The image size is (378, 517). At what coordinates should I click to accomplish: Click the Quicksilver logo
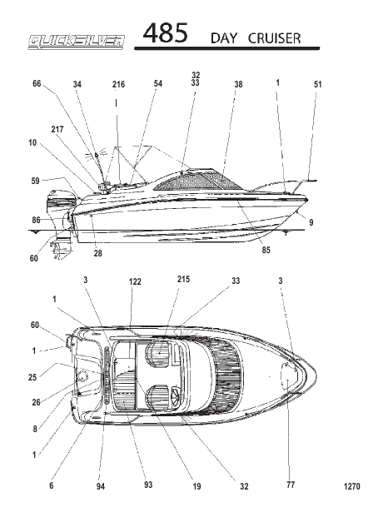pos(77,42)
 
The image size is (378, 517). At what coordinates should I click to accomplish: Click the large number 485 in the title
pos(165,33)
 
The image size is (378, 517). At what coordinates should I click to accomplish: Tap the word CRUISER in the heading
pos(274,38)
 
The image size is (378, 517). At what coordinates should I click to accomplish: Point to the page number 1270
pos(352,486)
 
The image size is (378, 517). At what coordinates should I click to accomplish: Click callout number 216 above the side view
pos(118,84)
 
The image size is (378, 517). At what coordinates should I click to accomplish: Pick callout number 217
pos(57,129)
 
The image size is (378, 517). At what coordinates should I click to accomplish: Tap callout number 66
pos(37,84)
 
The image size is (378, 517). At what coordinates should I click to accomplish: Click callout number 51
pos(317,84)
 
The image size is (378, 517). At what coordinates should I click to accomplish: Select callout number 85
pos(266,250)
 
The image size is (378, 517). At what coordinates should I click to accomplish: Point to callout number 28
pos(97,253)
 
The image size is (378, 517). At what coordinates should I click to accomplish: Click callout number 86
pos(36,220)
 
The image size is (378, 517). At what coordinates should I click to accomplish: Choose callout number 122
pos(135,281)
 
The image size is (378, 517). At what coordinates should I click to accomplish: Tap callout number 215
pos(183,279)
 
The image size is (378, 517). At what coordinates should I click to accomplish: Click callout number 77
pos(291,485)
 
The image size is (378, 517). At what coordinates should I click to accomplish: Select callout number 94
pos(101,486)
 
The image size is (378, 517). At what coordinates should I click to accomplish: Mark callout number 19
pos(196,486)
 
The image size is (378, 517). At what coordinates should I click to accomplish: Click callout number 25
pos(32,377)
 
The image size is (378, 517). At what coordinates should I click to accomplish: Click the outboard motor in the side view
pos(60,221)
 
